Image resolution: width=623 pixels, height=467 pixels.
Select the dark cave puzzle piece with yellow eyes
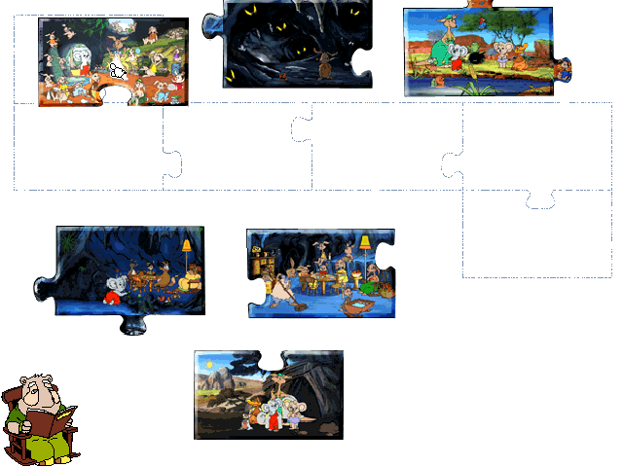click(x=292, y=44)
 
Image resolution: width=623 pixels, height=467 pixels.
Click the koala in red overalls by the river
click(x=505, y=59)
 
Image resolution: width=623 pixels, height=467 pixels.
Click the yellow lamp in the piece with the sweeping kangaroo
click(x=365, y=242)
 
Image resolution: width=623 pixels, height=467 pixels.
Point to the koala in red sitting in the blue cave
click(x=113, y=289)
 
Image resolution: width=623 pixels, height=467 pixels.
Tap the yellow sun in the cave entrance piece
click(x=210, y=366)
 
